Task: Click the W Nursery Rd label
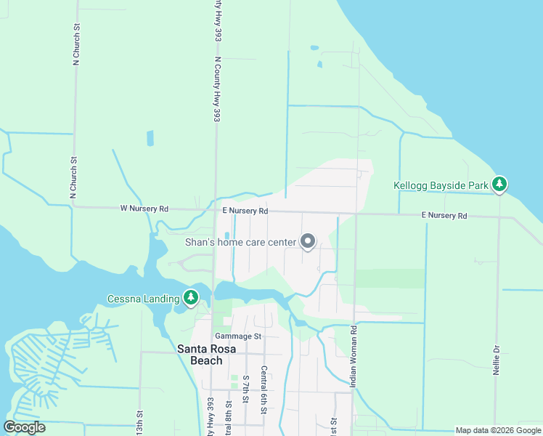[x=144, y=209]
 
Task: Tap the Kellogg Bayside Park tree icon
[x=499, y=185]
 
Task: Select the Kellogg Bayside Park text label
[x=441, y=186]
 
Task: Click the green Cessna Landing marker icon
[x=190, y=296]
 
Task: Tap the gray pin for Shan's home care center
[x=308, y=241]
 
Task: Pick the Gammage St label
[x=237, y=336]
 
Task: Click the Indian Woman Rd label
[x=354, y=356]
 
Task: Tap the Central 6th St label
[x=264, y=390]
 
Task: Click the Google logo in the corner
[x=25, y=427]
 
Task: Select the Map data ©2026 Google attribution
[x=497, y=430]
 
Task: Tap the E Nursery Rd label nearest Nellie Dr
[x=444, y=216]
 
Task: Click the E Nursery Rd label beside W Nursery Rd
[x=245, y=211]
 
